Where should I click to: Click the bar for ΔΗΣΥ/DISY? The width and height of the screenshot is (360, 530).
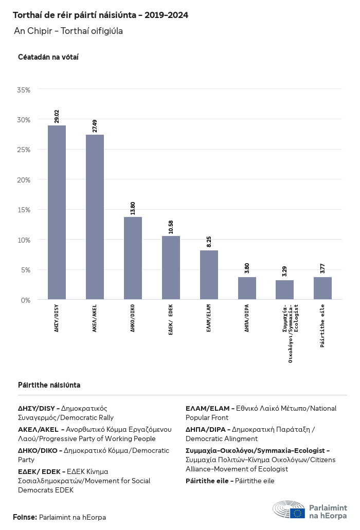pos(57,212)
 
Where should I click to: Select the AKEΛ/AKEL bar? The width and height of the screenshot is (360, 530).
pos(95,217)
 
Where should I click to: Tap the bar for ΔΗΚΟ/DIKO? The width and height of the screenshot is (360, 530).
pos(133,258)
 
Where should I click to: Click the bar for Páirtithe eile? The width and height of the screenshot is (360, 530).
pos(322,288)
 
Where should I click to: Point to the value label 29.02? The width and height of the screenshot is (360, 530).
pos(57,116)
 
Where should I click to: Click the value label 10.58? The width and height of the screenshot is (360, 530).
pos(171,227)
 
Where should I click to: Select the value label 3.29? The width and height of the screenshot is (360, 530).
pos(284,271)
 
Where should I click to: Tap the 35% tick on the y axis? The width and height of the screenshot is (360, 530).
pos(24,89)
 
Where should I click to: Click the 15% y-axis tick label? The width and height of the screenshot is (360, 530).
pos(24,210)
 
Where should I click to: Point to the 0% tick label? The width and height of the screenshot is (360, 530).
pos(26,300)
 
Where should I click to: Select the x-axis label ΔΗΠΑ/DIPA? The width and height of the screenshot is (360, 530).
pos(247,318)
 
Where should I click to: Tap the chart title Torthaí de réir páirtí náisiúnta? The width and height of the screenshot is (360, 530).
pos(100,15)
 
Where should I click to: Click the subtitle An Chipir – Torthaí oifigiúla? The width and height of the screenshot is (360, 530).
pos(68,31)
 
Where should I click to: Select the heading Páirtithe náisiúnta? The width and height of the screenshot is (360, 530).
pos(49,385)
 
